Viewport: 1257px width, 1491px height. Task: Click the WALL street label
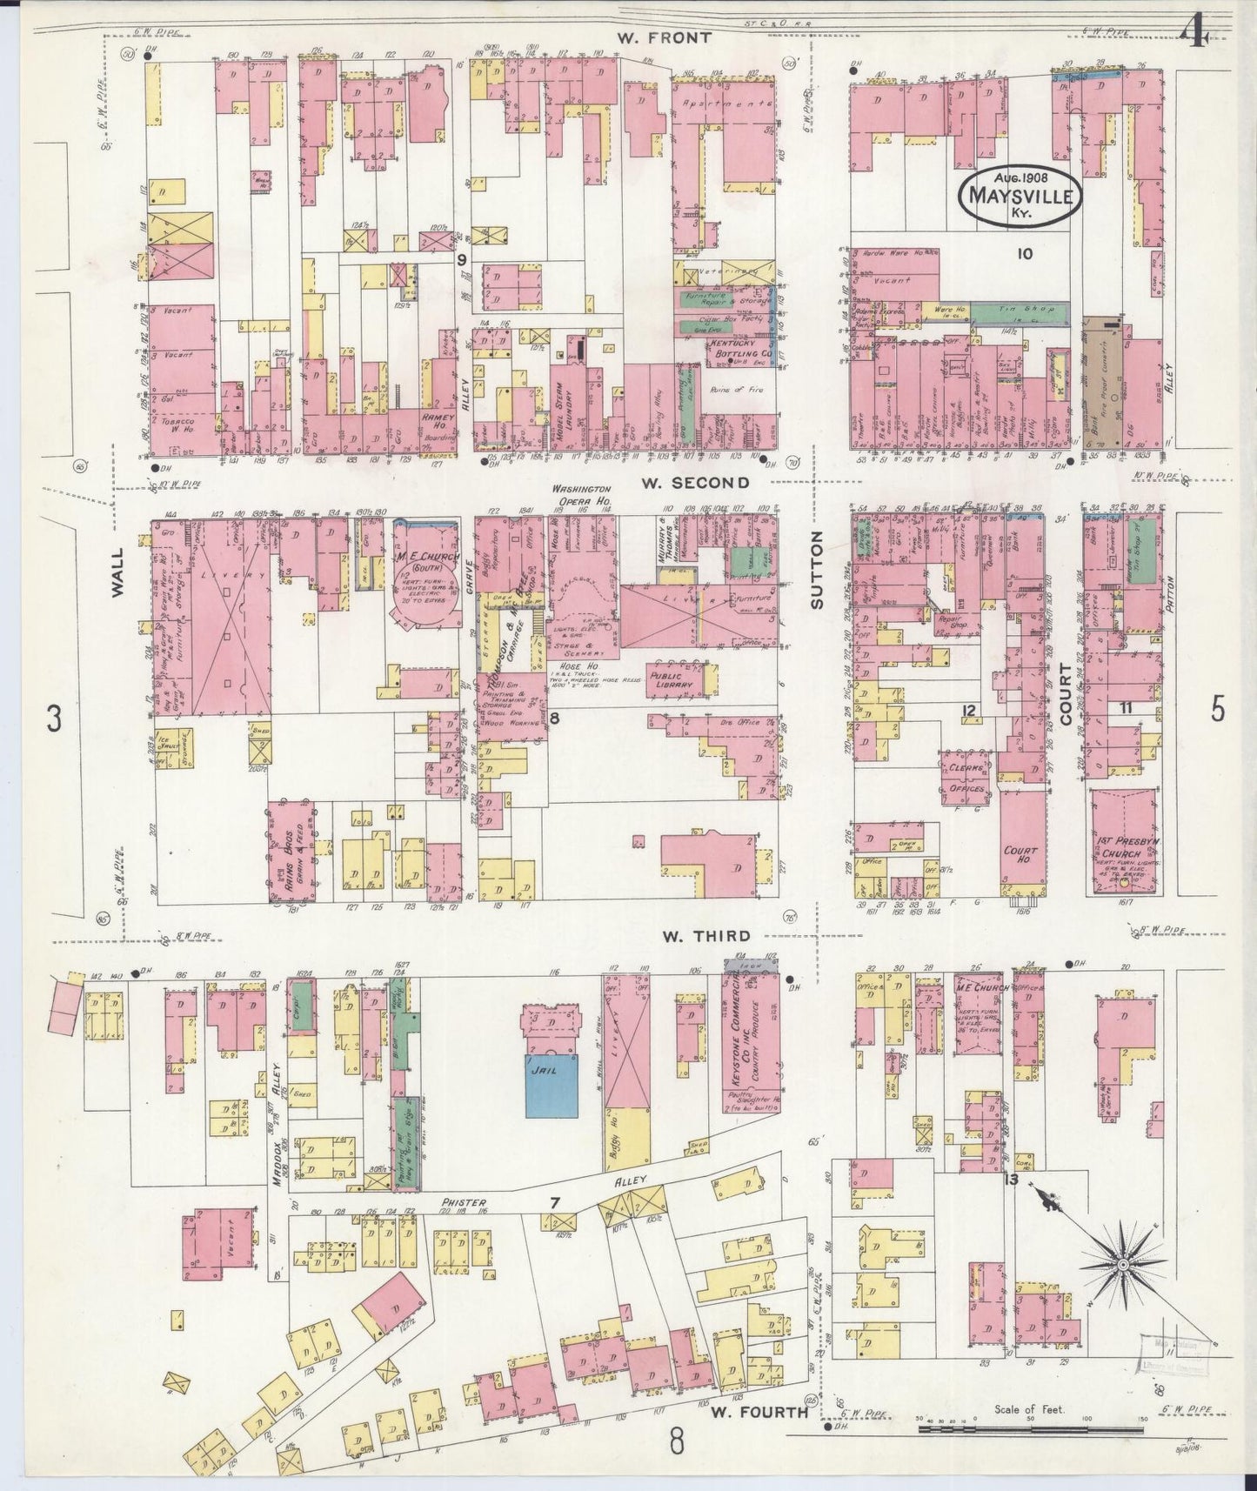point(119,572)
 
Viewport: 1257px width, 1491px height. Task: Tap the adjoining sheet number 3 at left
point(55,719)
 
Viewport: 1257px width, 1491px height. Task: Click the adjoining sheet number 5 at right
point(1217,710)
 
